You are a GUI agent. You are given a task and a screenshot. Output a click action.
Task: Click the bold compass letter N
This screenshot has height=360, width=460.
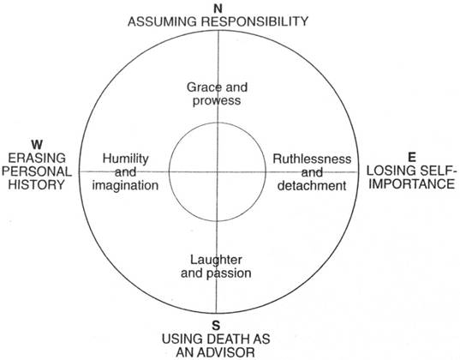218,9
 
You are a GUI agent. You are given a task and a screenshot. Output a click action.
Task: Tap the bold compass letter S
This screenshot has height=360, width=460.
216,326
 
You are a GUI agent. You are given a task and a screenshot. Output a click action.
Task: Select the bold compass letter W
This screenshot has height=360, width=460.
37,145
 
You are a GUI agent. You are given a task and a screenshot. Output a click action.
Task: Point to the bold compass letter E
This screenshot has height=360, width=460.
412,158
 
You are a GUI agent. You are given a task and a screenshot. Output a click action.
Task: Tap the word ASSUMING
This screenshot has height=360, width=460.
162,21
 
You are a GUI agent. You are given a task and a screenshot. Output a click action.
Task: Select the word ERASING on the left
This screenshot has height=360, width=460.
37,159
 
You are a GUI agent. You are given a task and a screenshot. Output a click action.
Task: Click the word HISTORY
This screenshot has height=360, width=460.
36,184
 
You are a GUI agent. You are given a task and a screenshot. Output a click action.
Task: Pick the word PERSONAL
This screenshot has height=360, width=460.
37,171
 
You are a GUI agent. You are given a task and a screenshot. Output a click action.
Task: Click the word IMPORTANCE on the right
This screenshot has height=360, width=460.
411,184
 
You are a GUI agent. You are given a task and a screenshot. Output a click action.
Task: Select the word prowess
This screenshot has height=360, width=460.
217,101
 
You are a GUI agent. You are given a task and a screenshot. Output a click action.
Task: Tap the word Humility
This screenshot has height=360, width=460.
126,159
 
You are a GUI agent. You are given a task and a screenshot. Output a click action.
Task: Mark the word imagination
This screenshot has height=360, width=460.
125,186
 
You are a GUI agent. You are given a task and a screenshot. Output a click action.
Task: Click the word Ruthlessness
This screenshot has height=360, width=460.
312,159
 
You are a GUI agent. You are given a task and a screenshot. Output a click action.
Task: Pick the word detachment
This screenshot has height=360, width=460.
312,186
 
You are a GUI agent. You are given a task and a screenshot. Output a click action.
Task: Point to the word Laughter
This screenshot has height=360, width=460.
216,261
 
